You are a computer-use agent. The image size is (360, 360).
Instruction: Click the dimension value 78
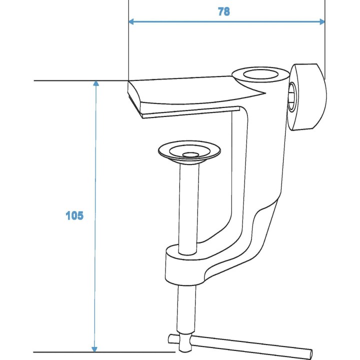(x=223, y=12)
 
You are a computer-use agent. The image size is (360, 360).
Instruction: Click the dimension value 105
(x=74, y=216)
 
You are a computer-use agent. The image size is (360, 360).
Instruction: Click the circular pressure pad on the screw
(x=189, y=151)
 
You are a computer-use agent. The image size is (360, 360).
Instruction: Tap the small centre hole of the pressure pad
(x=189, y=155)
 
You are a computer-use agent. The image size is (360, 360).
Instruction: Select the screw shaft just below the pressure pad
(x=189, y=200)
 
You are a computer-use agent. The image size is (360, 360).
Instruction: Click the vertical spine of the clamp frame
(x=240, y=165)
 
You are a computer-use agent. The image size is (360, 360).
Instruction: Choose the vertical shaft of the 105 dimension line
(x=95, y=150)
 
